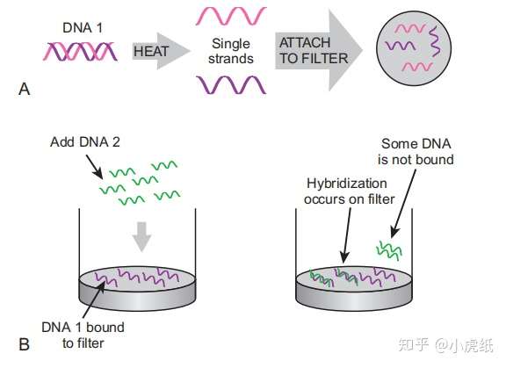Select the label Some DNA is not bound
pyautogui.click(x=418, y=150)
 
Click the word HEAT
pyautogui.click(x=150, y=52)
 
